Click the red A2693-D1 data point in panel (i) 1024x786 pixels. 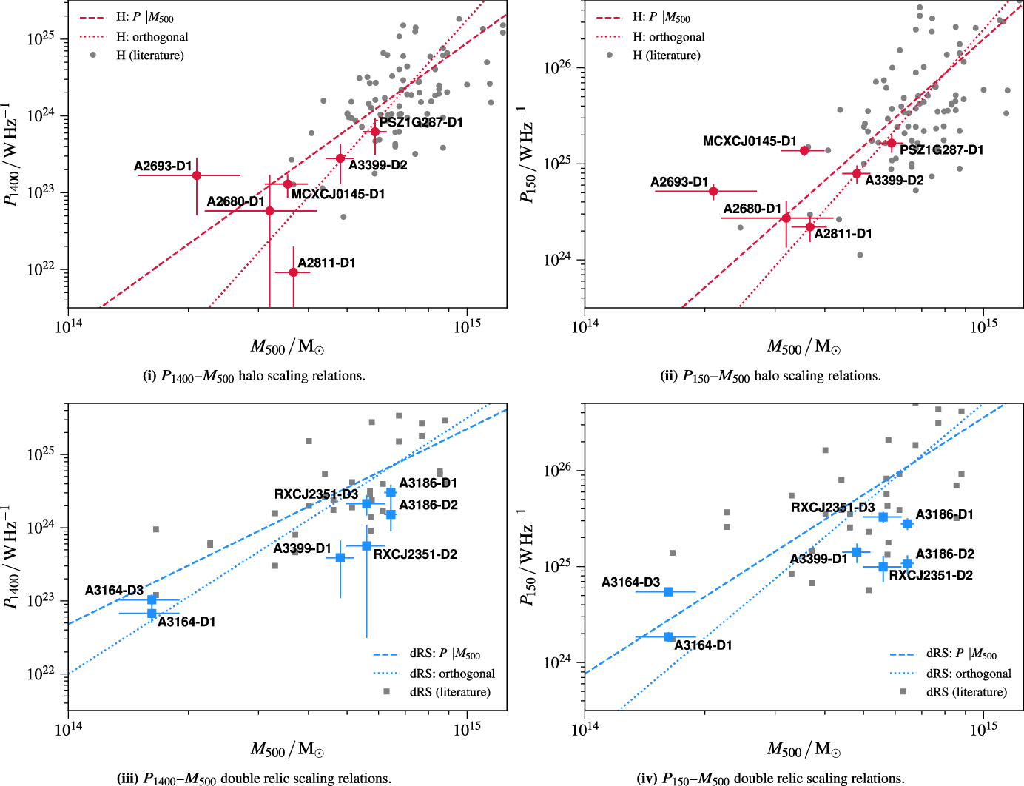[x=197, y=175]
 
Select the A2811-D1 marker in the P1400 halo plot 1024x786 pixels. [x=293, y=272]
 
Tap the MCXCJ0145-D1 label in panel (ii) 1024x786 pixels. [x=750, y=141]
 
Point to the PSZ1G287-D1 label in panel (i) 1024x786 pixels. [x=421, y=122]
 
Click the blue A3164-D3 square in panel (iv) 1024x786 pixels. [x=668, y=592]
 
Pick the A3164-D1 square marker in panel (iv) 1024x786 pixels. [x=668, y=637]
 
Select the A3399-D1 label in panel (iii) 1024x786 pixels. [x=302, y=548]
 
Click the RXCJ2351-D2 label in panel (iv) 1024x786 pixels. [x=930, y=575]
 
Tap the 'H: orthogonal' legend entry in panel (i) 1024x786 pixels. [x=152, y=37]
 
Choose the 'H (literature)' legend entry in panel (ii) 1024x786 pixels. [x=666, y=56]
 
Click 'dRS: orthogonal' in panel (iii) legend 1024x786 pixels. [x=451, y=674]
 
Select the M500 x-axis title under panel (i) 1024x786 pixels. [x=287, y=346]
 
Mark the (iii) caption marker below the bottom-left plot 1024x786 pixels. [x=127, y=779]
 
